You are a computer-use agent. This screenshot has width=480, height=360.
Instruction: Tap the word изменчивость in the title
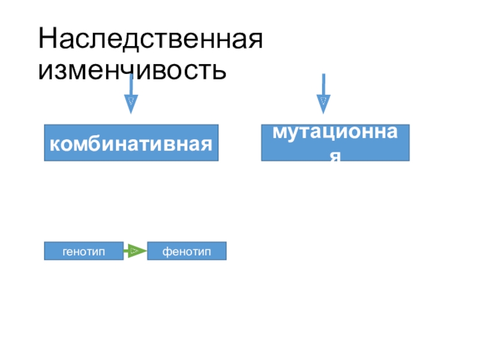[133, 71]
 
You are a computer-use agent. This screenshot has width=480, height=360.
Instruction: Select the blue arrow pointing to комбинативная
[131, 93]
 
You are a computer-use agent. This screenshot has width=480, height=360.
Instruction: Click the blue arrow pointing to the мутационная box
[323, 93]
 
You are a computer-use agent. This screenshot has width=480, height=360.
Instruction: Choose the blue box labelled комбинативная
[131, 143]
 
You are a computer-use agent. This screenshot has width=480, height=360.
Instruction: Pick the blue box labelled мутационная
[335, 143]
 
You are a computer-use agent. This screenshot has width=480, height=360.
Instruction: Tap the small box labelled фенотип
[187, 251]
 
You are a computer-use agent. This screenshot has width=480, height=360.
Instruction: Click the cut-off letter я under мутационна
[335, 156]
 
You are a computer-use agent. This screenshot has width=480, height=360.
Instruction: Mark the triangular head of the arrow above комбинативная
[131, 104]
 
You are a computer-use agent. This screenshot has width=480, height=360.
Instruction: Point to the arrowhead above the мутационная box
[323, 104]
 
